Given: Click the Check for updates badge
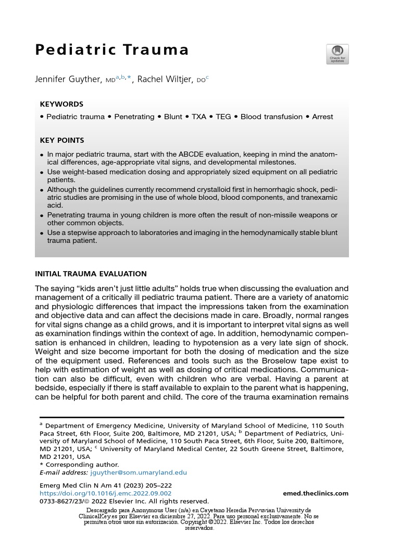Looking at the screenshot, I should point(337,54).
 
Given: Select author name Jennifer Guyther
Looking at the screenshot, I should point(69,79).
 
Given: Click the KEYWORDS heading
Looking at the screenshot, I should point(61,104).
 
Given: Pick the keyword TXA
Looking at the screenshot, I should point(199,117).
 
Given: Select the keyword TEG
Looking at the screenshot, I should point(225,117).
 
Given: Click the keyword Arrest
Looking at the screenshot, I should point(322,117).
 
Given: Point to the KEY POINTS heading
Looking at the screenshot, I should point(62,141).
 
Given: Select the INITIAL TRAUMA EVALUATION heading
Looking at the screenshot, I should point(91,274).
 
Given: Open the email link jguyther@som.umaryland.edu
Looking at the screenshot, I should point(138,472).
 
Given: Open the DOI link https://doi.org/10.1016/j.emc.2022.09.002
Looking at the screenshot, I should point(106,493).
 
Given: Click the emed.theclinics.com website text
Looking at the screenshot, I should point(316,493).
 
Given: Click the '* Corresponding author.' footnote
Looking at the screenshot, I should point(79,465).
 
